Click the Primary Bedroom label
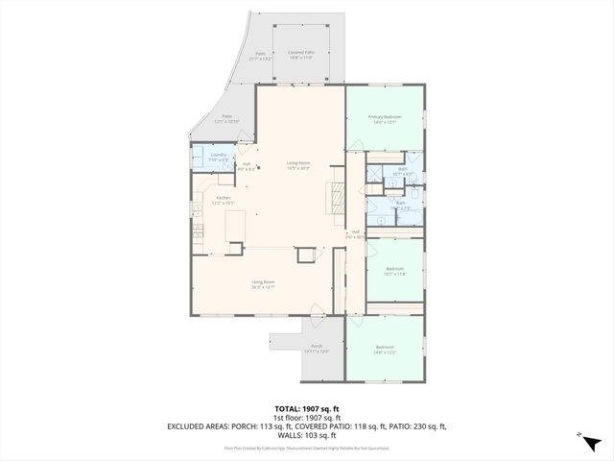point(385,119)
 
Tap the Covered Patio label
point(302,56)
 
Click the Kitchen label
point(223,200)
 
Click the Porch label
point(317,349)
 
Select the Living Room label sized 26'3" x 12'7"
point(263,283)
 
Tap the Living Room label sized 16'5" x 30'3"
point(298,165)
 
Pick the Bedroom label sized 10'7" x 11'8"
point(395,271)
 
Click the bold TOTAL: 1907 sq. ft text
point(307,408)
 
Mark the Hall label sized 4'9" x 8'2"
point(247,166)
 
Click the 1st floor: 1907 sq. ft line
point(307,417)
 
